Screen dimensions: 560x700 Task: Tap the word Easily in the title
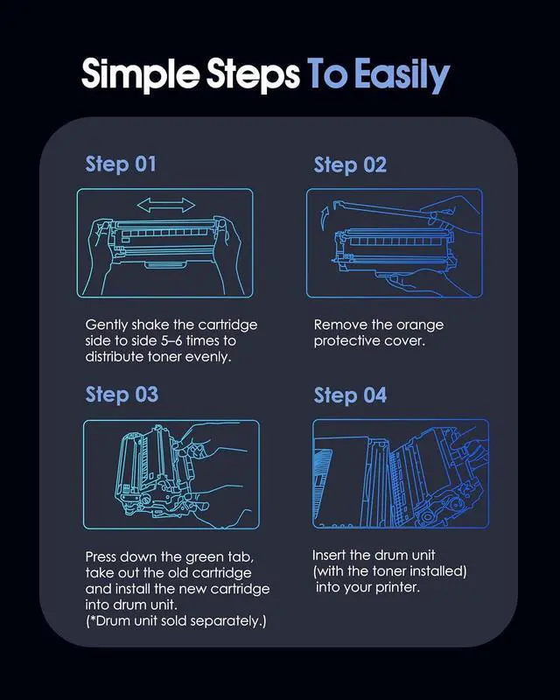tap(402, 75)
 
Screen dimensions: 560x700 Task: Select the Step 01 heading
tap(121, 164)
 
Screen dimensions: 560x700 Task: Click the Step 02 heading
tap(350, 165)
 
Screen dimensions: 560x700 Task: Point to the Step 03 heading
tap(122, 395)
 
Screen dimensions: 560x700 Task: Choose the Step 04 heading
tap(350, 395)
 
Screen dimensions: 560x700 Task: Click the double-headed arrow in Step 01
tap(165, 206)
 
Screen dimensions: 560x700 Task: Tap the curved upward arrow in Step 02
tap(325, 216)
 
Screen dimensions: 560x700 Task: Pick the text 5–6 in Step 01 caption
tap(171, 340)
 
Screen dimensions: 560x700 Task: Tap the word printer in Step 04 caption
tap(397, 587)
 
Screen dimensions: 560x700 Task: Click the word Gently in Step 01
tap(107, 325)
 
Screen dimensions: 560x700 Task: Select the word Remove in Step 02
tap(336, 325)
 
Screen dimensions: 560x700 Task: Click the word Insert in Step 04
tap(329, 556)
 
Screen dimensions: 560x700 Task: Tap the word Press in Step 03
tap(101, 557)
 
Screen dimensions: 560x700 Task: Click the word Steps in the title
tap(253, 75)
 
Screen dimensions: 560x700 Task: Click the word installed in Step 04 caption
tap(438, 571)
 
